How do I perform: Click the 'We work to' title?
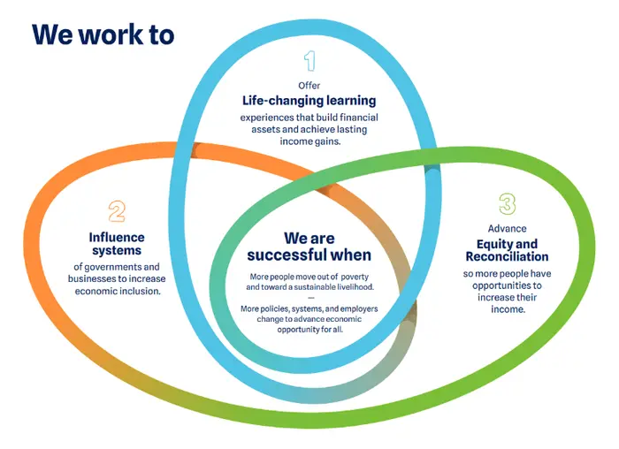103,34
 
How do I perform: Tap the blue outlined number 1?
309,61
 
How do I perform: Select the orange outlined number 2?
117,211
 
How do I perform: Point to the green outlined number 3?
508,204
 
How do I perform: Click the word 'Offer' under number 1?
309,86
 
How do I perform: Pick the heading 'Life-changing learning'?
309,101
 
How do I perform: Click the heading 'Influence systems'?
117,244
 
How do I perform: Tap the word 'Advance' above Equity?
507,228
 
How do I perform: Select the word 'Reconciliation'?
507,256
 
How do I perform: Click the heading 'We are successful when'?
309,247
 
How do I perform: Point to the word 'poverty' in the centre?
355,277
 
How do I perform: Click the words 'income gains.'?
309,141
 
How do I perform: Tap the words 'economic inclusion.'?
118,291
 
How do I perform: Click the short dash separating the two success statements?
310,298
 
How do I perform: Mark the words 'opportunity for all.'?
309,330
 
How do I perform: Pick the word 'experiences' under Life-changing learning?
262,118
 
